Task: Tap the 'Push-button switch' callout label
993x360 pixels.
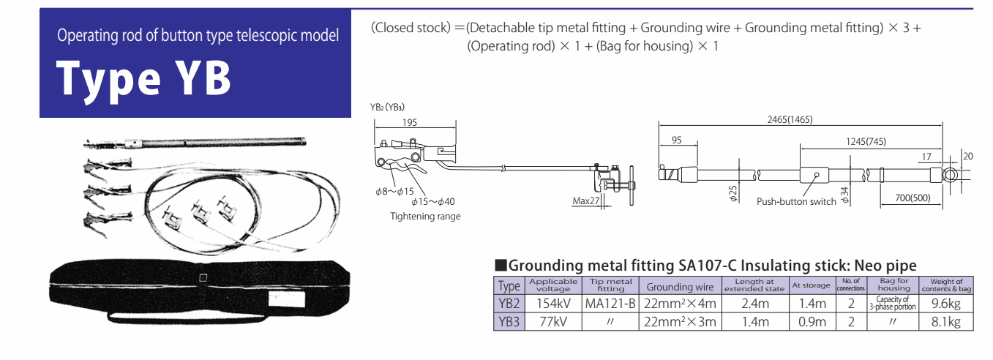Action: [x=796, y=201]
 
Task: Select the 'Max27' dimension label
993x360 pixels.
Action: [x=586, y=201]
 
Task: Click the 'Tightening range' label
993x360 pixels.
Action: [x=425, y=217]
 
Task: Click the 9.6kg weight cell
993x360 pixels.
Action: [x=945, y=303]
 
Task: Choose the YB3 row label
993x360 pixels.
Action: [x=509, y=321]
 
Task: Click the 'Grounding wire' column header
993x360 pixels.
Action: [x=679, y=287]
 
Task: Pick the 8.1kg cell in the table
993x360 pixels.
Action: [x=945, y=321]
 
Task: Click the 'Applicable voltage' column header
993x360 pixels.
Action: [x=553, y=285]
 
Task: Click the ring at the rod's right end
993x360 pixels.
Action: [x=951, y=175]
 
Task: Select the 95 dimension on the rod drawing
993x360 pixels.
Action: [x=676, y=140]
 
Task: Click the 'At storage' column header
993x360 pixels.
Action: [x=811, y=285]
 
